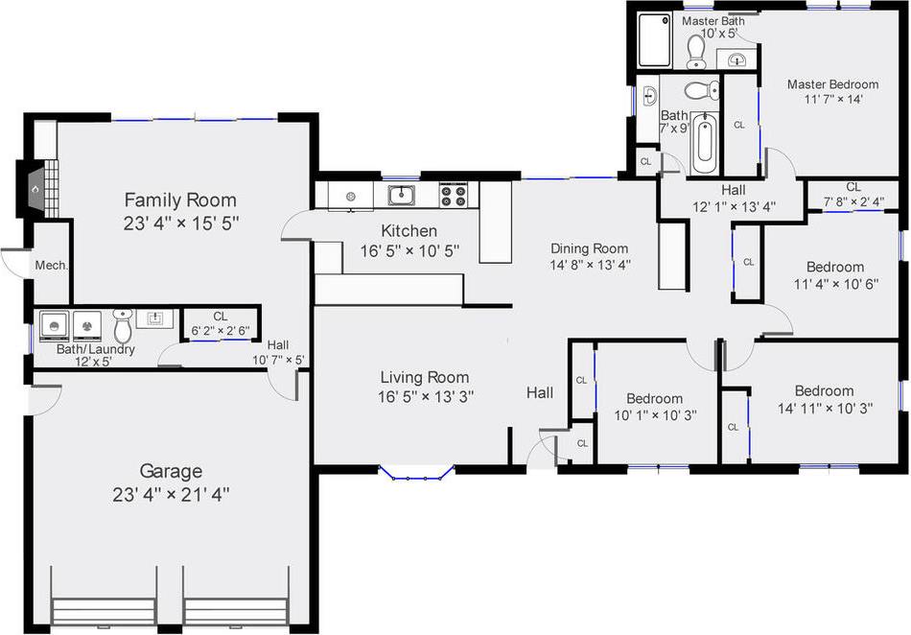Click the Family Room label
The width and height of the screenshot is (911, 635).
[x=180, y=200]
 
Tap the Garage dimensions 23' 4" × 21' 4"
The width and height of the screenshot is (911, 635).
[x=171, y=495]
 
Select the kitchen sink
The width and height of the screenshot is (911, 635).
[x=402, y=196]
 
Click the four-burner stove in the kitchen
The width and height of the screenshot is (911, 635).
[x=453, y=196]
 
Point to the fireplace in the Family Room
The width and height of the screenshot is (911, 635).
[x=35, y=189]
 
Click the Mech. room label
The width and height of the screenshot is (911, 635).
[x=50, y=266]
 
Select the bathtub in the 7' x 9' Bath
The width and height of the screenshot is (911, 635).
[x=705, y=141]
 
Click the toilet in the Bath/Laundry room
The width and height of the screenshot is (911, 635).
[x=122, y=327]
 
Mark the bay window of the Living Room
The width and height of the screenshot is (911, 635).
[x=415, y=472]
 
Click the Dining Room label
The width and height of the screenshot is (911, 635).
[x=589, y=248]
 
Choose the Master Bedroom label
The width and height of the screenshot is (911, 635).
[x=832, y=84]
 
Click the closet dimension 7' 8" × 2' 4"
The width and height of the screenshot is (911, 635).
[x=853, y=201]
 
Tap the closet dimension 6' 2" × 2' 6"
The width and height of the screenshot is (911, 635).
[x=220, y=330]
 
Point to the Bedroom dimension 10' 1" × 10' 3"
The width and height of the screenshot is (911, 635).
[x=654, y=415]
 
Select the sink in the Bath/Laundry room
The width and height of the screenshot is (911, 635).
[x=154, y=317]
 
